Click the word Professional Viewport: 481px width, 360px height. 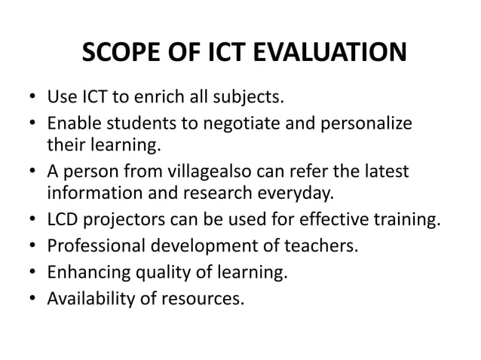click(93, 246)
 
